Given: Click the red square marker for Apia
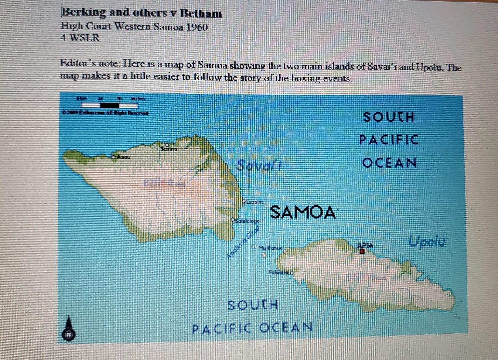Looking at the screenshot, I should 362,251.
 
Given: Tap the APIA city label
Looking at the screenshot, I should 365,245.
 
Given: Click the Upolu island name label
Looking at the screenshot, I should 427,241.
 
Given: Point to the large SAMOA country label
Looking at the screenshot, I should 302,212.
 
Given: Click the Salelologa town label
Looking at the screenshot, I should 247,221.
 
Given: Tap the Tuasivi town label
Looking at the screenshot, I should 254,202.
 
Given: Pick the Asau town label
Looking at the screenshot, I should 123,157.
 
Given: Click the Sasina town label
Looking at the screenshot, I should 169,149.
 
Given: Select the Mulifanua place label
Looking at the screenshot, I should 270,248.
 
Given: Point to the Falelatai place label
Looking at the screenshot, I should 279,272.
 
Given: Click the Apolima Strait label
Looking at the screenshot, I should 243,243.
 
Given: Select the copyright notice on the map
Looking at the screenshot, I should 105,113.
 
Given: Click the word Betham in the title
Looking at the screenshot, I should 201,14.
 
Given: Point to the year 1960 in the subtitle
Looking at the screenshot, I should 197,27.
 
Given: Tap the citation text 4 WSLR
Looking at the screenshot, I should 80,38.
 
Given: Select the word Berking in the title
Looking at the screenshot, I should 84,12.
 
